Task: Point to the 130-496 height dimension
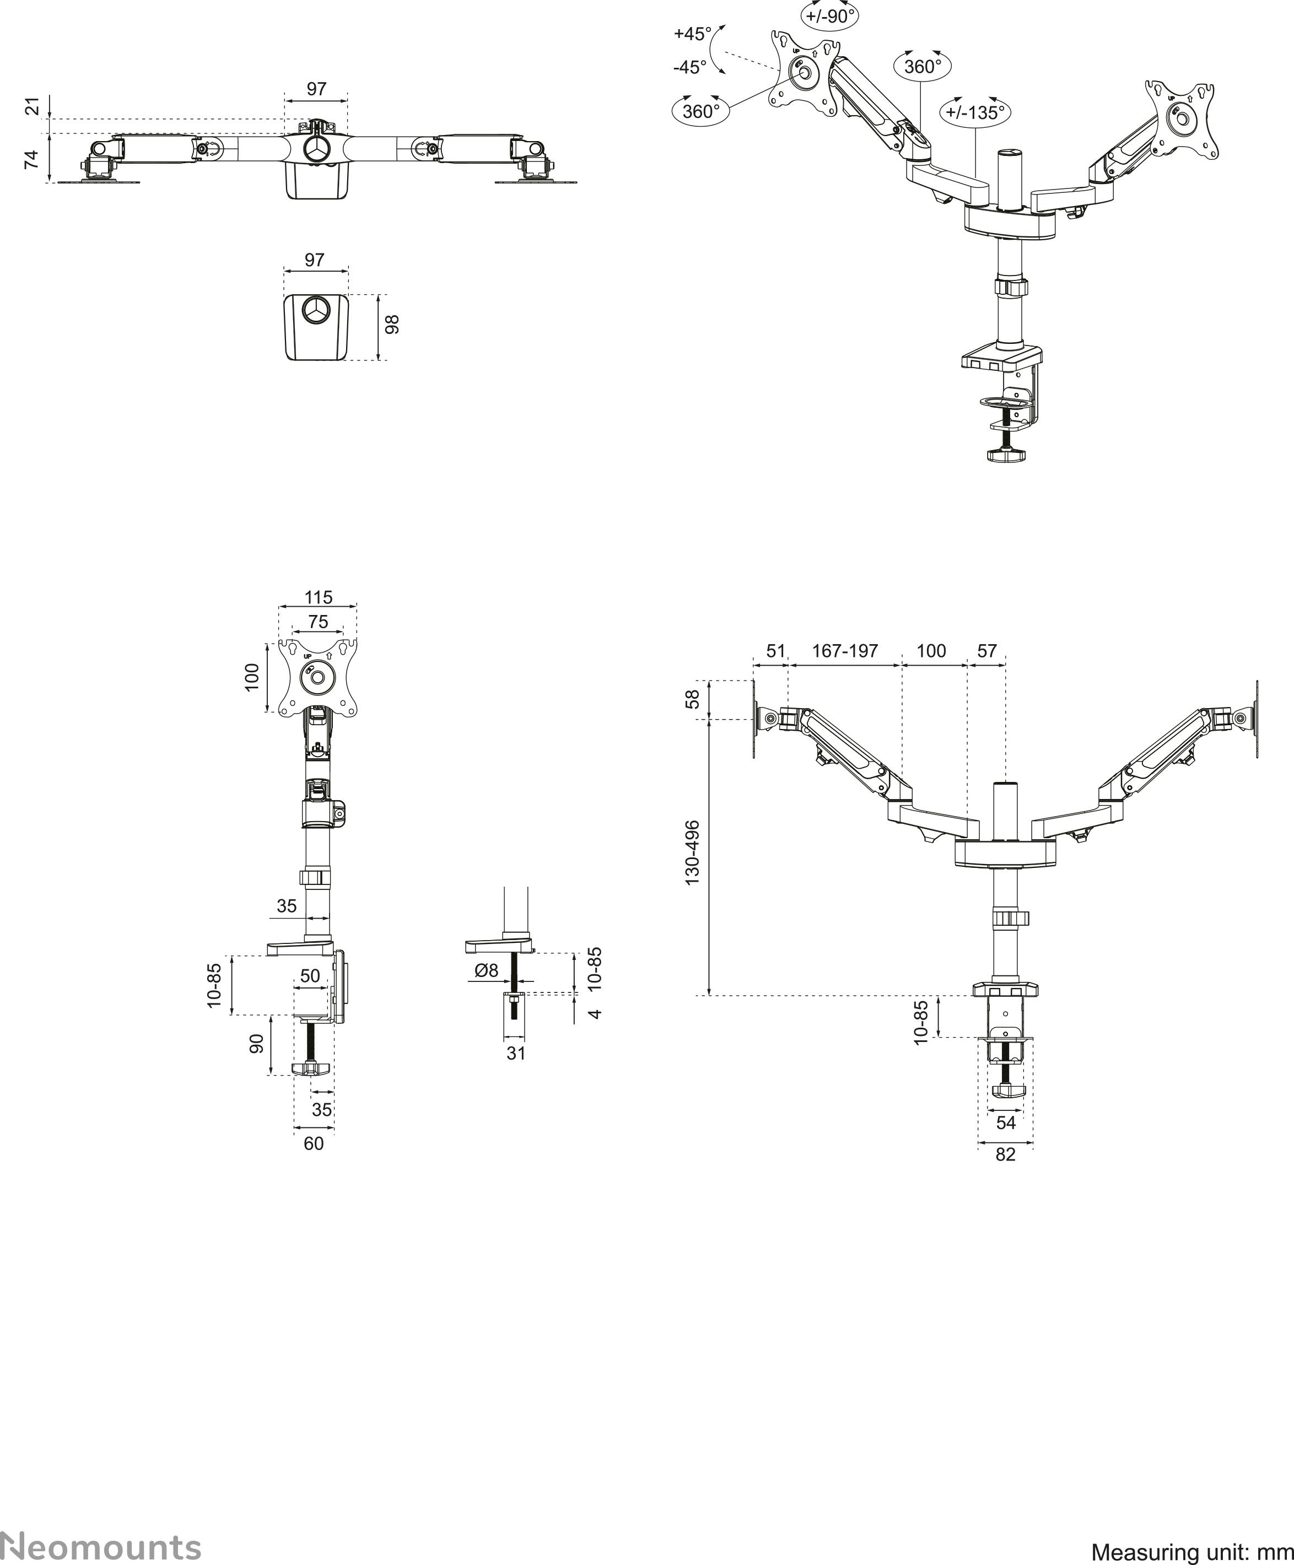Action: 693,852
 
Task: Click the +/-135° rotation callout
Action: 975,112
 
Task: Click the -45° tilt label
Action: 689,67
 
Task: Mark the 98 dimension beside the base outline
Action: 392,324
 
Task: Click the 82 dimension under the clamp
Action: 1006,1154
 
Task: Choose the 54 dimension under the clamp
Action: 1006,1123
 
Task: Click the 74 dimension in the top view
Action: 31,159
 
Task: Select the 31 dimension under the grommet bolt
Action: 516,1053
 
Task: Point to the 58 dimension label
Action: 693,699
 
